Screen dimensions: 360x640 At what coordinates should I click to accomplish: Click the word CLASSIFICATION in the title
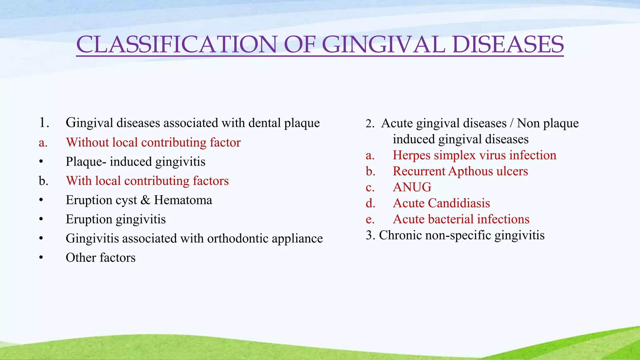pyautogui.click(x=177, y=44)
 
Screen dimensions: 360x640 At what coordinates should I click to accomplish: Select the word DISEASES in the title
pyautogui.click(x=508, y=44)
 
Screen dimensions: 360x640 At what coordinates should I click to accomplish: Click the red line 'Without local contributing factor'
pyautogui.click(x=153, y=142)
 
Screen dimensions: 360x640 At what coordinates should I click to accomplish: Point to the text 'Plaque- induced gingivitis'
pyautogui.click(x=135, y=162)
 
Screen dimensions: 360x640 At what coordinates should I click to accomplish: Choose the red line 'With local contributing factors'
pyautogui.click(x=147, y=181)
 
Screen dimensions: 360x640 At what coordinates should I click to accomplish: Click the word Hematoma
pyautogui.click(x=183, y=200)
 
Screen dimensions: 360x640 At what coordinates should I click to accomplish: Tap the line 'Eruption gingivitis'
pyautogui.click(x=116, y=219)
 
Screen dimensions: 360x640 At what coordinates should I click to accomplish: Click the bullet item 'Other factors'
pyautogui.click(x=100, y=258)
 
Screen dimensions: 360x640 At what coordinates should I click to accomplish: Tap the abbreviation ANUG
pyautogui.click(x=412, y=187)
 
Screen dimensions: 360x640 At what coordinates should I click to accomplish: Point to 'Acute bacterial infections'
pyautogui.click(x=461, y=219)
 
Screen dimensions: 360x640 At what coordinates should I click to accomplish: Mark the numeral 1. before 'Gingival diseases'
pyautogui.click(x=44, y=123)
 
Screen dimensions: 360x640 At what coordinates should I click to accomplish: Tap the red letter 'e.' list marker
pyautogui.click(x=370, y=220)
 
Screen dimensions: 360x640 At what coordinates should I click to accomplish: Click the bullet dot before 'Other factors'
pyautogui.click(x=41, y=258)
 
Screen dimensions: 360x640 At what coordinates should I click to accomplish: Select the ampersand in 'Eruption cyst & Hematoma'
pyautogui.click(x=145, y=200)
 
